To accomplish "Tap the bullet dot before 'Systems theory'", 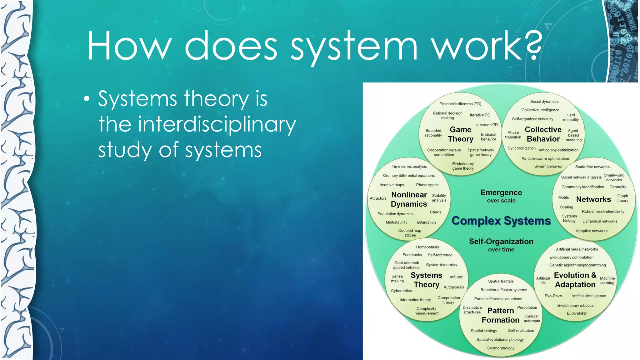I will [87, 99].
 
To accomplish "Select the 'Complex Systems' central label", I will [501, 221].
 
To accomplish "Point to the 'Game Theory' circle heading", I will [460, 134].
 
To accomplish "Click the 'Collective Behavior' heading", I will [543, 134].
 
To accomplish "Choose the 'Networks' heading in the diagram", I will [593, 199].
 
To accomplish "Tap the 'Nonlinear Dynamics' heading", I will [409, 199].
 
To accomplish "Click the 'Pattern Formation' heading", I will [501, 315].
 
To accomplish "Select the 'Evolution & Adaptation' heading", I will [575, 280].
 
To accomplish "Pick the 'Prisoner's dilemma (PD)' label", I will [460, 104].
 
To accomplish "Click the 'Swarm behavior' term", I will [548, 166].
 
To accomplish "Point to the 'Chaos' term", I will [435, 212].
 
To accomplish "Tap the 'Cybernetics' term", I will [401, 291].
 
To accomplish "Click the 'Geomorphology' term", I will [500, 348].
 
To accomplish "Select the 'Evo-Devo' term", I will [553, 296].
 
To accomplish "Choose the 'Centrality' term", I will [617, 187].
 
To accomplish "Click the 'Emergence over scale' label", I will [501, 196].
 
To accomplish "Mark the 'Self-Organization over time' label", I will [501, 245].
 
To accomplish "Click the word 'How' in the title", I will [129, 45].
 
